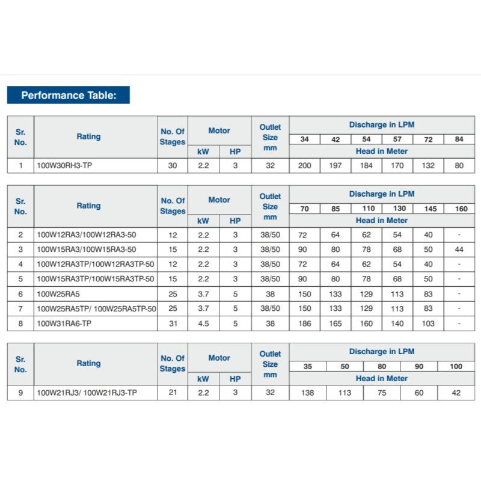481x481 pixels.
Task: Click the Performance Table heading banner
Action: pos(68,95)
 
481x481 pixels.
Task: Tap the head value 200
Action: pos(305,165)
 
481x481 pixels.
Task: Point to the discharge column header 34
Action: pos(305,139)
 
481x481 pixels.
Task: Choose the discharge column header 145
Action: pos(429,209)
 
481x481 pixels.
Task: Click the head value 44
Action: pos(459,249)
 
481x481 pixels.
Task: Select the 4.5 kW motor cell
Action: pos(203,323)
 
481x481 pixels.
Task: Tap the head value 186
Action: pos(305,323)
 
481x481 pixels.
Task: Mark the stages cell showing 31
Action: pos(173,323)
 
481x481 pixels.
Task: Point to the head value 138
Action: pos(308,393)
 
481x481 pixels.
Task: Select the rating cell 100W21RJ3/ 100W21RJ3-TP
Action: pos(87,393)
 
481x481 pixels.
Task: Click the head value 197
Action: pos(335,165)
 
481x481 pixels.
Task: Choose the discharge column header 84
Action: pos(459,139)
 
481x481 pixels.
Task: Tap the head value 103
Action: pos(429,323)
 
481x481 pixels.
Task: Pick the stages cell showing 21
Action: pos(173,393)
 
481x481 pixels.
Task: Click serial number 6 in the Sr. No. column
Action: pos(20,294)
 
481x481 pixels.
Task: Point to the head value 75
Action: pos(382,393)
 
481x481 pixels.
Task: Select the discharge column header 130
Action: pos(397,209)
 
